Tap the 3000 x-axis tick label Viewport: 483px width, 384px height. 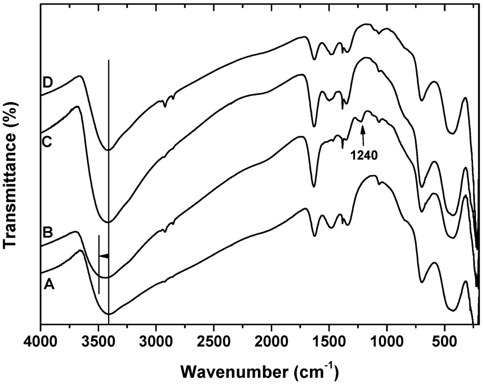pos(156,339)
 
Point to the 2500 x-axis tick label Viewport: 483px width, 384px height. pos(214,339)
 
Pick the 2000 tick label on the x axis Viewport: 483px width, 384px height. pos(271,339)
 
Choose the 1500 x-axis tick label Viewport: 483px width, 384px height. pos(329,339)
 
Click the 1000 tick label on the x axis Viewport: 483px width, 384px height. pos(387,339)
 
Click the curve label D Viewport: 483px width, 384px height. pos(47,82)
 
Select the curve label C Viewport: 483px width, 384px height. pos(47,142)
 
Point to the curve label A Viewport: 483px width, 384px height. pos(50,284)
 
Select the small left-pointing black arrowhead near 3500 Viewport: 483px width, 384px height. pos(104,256)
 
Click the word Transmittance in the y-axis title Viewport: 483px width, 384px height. pos(14,198)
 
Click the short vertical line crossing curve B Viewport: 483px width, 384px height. pos(99,264)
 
